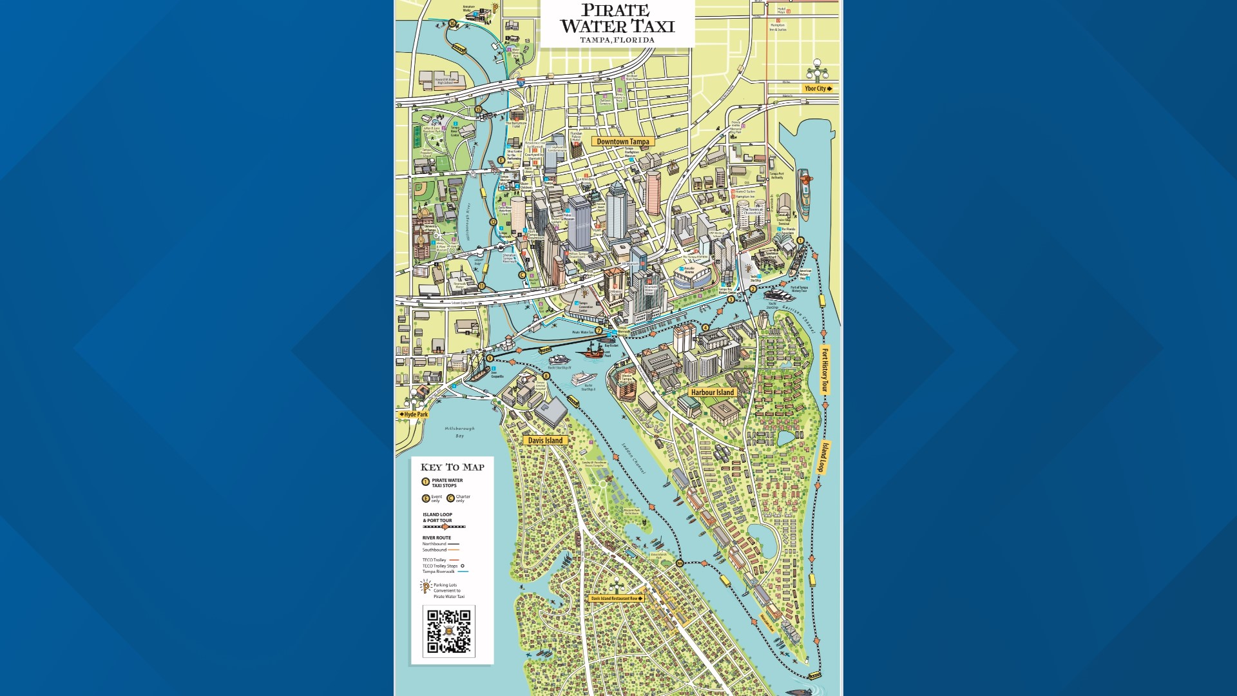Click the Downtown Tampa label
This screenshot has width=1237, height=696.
(x=622, y=142)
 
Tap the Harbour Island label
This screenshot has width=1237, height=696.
(x=712, y=392)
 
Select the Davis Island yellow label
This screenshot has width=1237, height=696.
(x=545, y=441)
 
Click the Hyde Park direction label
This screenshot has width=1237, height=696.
(x=414, y=414)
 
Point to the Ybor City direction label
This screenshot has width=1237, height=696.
(x=818, y=88)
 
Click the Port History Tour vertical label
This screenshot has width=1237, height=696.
(x=824, y=370)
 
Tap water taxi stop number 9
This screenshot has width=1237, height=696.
(x=490, y=358)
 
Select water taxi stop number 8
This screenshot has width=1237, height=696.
(x=546, y=376)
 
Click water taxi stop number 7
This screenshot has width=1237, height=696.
(x=599, y=331)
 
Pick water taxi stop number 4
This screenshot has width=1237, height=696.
(x=705, y=327)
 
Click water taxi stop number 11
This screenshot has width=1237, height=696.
(x=481, y=286)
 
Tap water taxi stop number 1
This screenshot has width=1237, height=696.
(x=800, y=240)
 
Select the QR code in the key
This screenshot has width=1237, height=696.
(x=449, y=632)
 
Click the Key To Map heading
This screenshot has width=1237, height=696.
(x=452, y=467)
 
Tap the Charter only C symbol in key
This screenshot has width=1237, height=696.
(x=450, y=498)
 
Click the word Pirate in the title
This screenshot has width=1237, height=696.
(x=615, y=11)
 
